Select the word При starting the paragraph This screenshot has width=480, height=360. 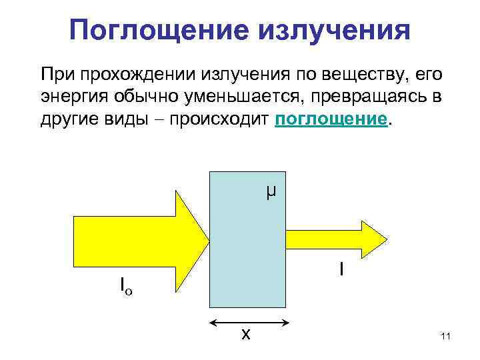57,73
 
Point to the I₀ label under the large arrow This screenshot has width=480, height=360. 126,287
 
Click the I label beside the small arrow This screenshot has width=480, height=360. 341,269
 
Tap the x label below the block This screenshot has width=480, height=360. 245,334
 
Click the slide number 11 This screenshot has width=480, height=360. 446,337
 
